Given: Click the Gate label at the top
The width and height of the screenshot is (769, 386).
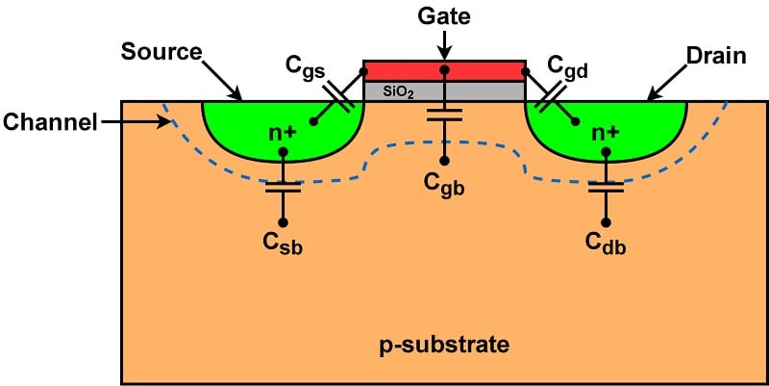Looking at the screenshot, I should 443,17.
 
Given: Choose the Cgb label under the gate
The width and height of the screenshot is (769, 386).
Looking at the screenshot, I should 444,187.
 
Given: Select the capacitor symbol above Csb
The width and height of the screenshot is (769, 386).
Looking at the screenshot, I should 283,187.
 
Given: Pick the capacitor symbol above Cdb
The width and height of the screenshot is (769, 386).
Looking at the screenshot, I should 607,187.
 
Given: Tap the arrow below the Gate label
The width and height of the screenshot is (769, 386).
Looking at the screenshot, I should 443,44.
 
